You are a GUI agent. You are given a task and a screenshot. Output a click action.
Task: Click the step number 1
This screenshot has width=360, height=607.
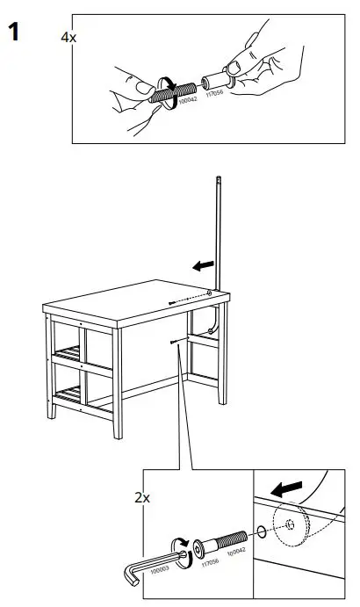[x=14, y=34]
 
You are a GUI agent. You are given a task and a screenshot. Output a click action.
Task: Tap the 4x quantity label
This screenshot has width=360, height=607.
[x=68, y=39]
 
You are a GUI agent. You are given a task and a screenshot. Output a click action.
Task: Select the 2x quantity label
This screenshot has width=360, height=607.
[x=141, y=498]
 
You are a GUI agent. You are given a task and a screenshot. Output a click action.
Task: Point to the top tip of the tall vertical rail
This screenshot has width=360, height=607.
[x=218, y=179]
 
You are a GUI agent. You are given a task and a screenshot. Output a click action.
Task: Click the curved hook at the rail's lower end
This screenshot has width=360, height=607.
[x=212, y=329]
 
